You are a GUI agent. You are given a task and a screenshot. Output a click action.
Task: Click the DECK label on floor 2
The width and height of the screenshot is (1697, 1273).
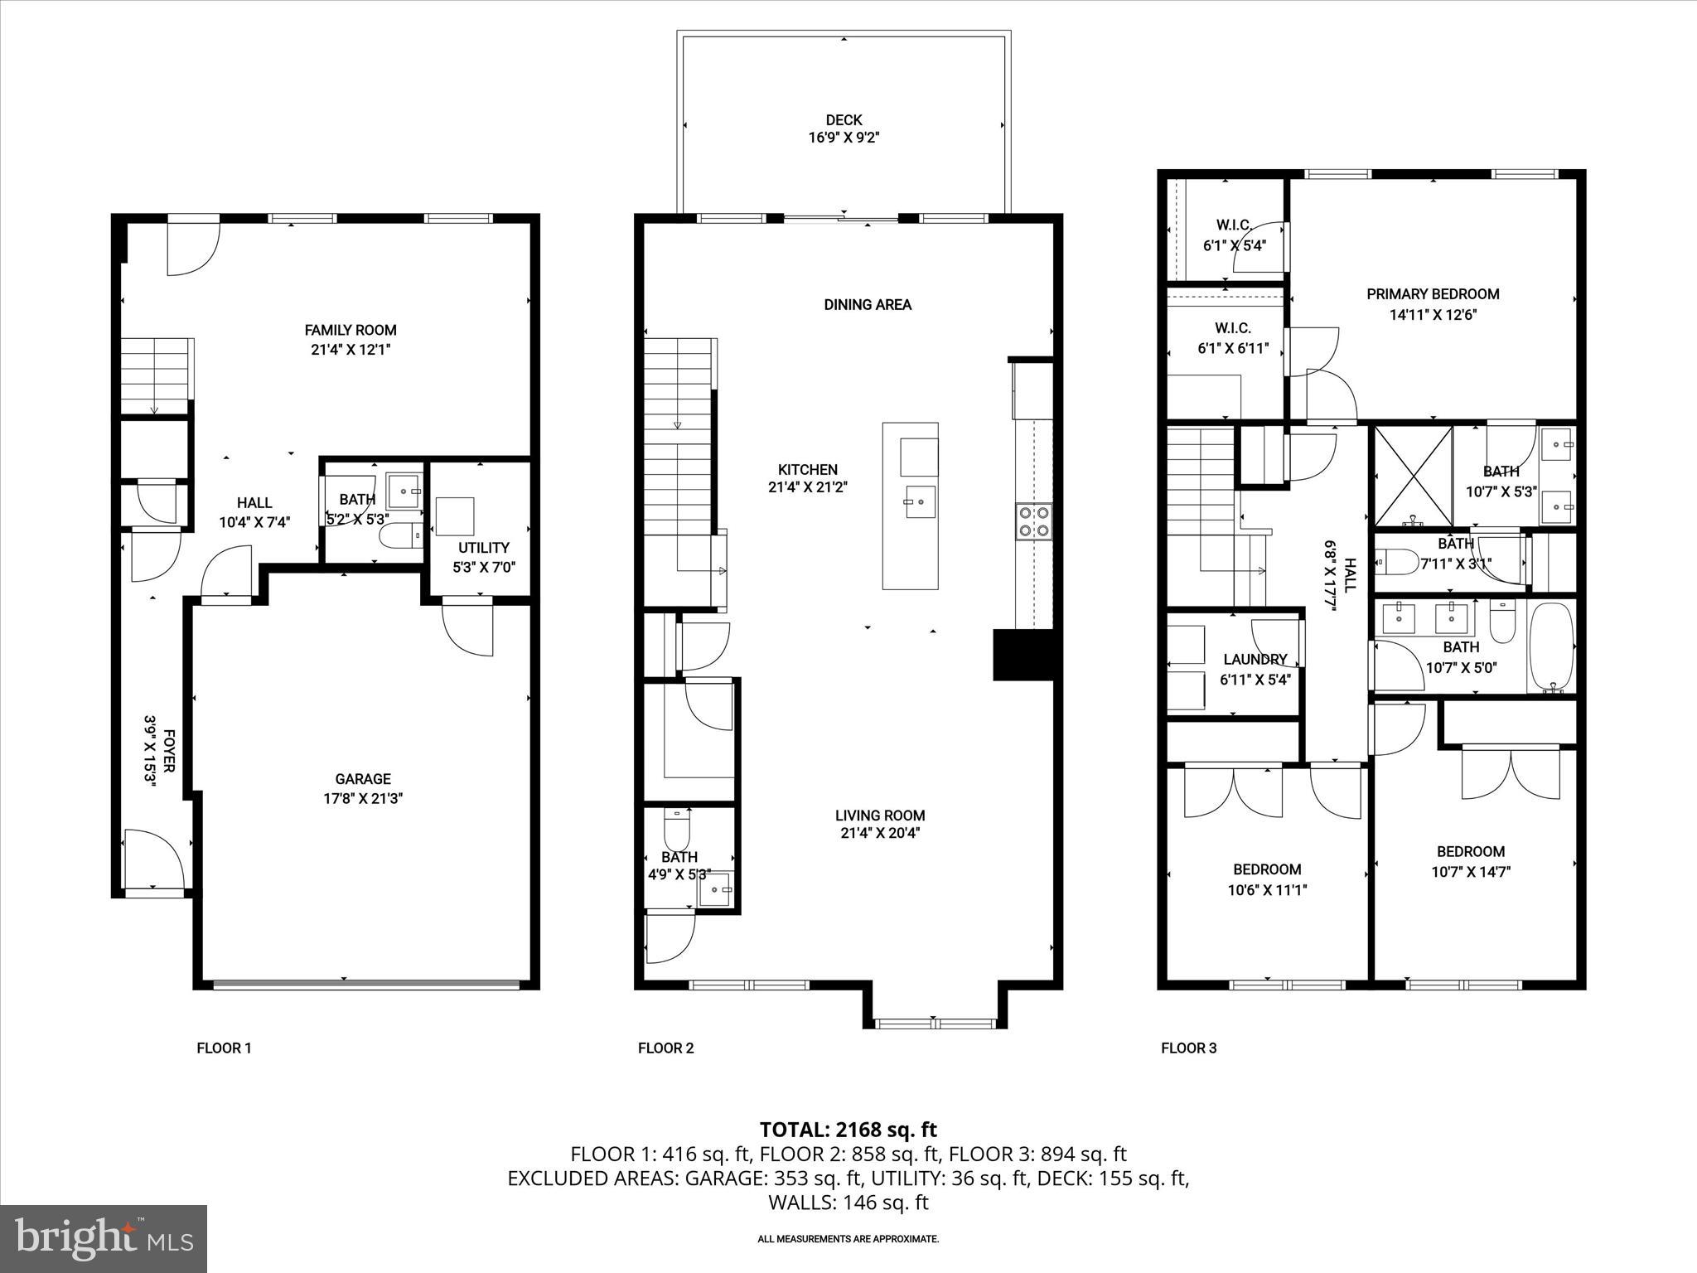[844, 120]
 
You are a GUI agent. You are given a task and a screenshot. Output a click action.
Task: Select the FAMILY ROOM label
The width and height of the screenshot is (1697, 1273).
[351, 330]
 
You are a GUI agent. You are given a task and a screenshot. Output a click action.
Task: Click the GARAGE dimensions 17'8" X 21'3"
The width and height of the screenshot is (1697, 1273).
[363, 799]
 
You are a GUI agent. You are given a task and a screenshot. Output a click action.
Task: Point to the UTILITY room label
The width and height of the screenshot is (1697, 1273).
[483, 548]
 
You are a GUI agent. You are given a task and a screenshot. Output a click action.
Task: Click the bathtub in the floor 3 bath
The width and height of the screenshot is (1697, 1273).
[1550, 648]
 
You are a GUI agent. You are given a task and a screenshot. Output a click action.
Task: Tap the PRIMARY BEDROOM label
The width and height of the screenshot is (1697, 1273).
[1433, 294]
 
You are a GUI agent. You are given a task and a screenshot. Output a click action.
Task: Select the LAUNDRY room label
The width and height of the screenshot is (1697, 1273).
[1255, 660]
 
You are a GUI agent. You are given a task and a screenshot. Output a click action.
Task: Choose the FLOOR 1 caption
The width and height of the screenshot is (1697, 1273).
[224, 1048]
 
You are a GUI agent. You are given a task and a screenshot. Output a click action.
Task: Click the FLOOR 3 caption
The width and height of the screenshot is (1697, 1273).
[1188, 1048]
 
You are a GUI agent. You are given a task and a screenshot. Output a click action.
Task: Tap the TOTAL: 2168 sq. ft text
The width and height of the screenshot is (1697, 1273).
[848, 1130]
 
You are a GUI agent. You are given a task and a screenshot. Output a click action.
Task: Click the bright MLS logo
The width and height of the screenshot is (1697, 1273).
[104, 1238]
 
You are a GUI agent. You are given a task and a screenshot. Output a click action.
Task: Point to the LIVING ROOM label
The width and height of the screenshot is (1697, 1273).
[880, 816]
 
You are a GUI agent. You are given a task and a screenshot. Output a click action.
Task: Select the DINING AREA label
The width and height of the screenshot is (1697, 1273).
[868, 305]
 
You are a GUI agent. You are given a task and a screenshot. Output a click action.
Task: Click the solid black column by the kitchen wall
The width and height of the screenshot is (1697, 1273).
[1023, 656]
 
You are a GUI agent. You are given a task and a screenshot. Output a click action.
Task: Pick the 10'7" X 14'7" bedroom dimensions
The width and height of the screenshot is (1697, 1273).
[1470, 871]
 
